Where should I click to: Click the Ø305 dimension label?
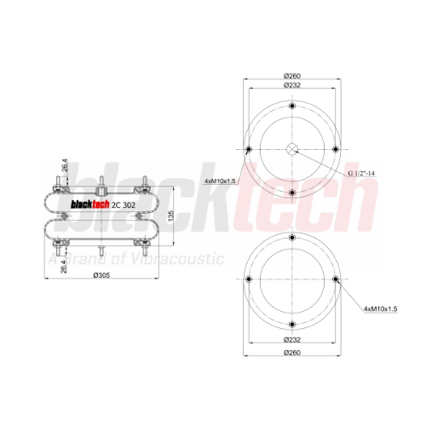101,275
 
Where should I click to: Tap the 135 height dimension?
170,216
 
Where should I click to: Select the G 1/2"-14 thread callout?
361,173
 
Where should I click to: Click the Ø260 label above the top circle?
292,76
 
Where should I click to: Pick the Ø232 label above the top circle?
292,85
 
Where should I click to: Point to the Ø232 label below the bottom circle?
292,339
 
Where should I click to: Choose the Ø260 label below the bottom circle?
292,353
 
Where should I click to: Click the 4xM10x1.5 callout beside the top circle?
220,181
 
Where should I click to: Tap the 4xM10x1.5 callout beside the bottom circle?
381,308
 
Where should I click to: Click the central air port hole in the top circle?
292,149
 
